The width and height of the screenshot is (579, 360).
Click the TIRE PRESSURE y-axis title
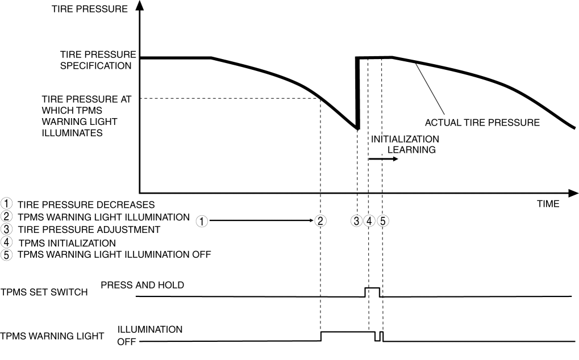point(90,9)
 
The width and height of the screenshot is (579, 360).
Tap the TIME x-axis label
point(548,204)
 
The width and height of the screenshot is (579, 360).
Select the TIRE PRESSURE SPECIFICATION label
point(98,60)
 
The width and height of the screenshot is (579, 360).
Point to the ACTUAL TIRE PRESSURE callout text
point(482,123)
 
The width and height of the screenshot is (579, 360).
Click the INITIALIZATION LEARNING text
point(405,144)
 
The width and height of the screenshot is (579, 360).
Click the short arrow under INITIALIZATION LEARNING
point(384,159)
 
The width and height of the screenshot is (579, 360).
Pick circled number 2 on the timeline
point(320,221)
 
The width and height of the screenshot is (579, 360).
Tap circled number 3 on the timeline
point(356,221)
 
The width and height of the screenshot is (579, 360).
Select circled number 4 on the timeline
point(369,221)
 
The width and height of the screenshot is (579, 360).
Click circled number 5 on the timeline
point(383,221)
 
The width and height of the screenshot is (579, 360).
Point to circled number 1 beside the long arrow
point(202,221)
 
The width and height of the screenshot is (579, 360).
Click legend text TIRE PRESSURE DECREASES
point(86,205)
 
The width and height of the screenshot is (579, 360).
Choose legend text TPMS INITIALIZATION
point(67,243)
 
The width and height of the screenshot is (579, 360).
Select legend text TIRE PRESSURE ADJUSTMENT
point(89,229)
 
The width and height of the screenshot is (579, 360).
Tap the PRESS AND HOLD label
point(142,285)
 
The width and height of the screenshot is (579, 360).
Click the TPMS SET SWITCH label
point(44,292)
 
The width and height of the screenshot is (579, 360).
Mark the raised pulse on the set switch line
point(372,288)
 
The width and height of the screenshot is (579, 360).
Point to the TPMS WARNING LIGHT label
point(52,336)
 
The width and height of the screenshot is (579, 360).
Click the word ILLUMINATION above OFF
point(150,329)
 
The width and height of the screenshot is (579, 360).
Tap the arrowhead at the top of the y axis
point(140,5)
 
